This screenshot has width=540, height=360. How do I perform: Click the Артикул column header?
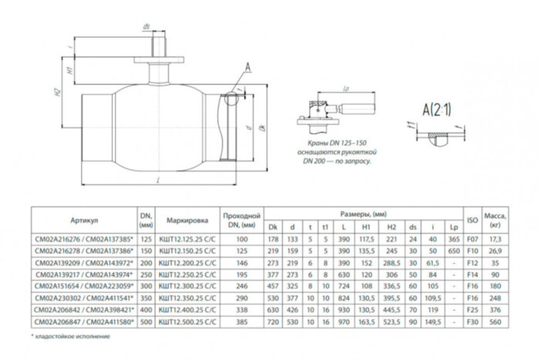point(82,219)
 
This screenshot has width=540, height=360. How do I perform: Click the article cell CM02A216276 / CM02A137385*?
point(82,240)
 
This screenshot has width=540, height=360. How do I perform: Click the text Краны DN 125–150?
point(332,144)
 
